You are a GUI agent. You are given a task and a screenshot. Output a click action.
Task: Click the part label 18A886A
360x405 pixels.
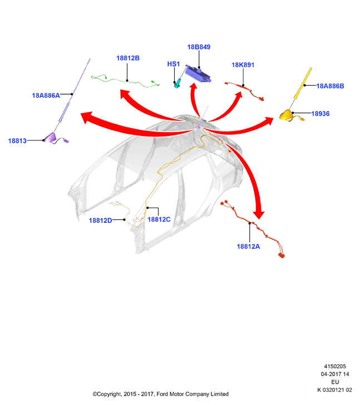46,96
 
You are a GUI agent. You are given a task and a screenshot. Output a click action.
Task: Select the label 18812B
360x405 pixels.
128,58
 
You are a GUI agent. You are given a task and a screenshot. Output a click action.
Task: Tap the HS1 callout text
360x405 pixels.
174,64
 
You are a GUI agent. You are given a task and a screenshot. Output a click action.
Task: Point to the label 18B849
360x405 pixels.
199,47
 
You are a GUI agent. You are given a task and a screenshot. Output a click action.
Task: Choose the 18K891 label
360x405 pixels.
243,65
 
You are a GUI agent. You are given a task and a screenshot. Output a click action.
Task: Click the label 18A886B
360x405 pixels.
330,86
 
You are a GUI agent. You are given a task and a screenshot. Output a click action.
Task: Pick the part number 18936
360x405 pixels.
320,114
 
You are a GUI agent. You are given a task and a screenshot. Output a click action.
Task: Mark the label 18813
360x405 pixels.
17,141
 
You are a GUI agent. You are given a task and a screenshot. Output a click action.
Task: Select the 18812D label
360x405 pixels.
100,221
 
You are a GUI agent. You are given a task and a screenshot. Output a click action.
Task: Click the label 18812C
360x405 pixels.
159,219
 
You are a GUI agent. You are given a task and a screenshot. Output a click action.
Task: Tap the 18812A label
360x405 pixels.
248,247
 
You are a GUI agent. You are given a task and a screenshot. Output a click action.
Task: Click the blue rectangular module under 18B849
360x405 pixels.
198,74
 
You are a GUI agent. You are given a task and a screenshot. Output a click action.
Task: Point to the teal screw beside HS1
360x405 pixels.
177,84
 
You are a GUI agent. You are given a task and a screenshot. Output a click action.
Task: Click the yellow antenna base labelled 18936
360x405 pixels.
287,115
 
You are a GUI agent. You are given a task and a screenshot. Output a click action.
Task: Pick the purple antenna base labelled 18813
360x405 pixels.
51,137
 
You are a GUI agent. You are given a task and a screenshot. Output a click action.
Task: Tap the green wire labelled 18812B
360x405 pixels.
126,81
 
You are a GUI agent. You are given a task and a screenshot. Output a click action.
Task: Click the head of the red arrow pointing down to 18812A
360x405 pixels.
259,214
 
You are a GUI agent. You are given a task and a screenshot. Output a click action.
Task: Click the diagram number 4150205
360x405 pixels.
335,366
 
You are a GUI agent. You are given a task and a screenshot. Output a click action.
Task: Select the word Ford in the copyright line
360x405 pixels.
162,394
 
